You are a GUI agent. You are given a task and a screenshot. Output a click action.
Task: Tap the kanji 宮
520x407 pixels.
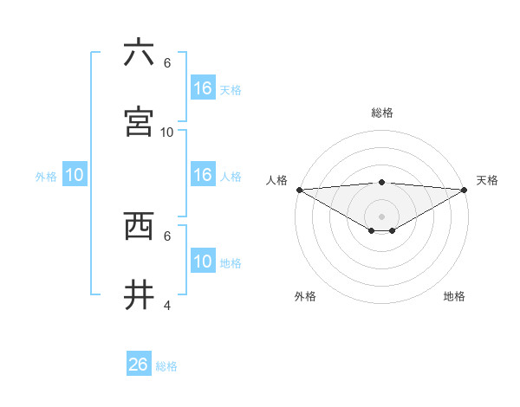click(x=139, y=121)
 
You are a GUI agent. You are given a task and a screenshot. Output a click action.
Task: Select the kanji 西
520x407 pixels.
click(x=139, y=225)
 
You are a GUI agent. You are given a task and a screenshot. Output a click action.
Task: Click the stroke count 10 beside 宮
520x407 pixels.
click(x=167, y=132)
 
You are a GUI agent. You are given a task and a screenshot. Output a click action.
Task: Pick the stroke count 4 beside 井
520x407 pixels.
click(x=167, y=305)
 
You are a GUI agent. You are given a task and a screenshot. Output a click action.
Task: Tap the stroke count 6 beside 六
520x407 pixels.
click(x=167, y=62)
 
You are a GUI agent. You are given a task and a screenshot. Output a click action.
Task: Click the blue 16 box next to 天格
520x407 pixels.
click(x=203, y=88)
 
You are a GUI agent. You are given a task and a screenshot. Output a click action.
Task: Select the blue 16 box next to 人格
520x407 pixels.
click(x=203, y=175)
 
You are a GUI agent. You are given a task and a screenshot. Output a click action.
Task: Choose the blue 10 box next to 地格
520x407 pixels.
click(x=203, y=262)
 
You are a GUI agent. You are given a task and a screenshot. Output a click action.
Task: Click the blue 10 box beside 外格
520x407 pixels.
click(x=75, y=175)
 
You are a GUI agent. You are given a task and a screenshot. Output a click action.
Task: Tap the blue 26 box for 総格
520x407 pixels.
click(x=139, y=365)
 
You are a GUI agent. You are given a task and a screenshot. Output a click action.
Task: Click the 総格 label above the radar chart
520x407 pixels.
click(x=382, y=113)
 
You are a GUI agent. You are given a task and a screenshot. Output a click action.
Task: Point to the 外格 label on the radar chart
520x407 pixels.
click(x=305, y=296)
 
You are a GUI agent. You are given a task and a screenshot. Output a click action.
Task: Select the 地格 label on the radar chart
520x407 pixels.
click(x=454, y=296)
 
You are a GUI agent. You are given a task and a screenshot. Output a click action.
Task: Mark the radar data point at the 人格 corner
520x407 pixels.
click(x=298, y=190)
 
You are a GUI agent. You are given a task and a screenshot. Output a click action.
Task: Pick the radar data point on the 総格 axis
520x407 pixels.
click(x=382, y=182)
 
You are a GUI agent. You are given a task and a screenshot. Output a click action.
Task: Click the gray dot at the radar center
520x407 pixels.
click(x=382, y=216)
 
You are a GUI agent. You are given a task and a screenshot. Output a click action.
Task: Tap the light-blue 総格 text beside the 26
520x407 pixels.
click(x=166, y=366)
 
